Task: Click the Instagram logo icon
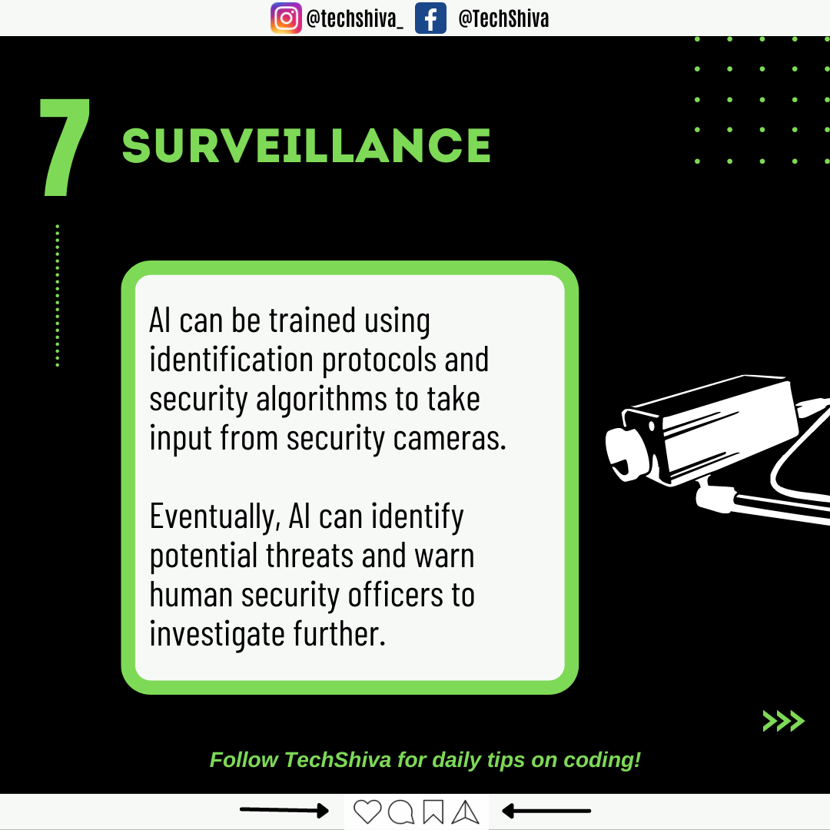click(287, 18)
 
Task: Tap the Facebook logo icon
click(430, 18)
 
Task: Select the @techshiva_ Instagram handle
click(354, 19)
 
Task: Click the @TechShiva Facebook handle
click(503, 19)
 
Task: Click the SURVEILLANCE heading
click(307, 145)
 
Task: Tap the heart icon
click(367, 812)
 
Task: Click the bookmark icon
click(433, 812)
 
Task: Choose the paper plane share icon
click(465, 812)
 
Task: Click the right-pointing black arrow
click(284, 810)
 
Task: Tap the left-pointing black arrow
click(546, 811)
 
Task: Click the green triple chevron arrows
click(783, 721)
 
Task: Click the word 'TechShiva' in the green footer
click(337, 760)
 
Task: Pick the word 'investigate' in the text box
click(217, 634)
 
